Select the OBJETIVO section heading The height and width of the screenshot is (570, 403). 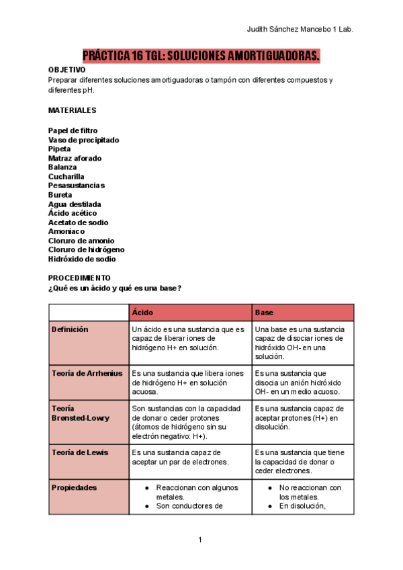pos(67,70)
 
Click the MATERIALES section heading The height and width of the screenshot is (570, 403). pos(73,110)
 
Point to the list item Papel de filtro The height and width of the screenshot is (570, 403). pos(73,130)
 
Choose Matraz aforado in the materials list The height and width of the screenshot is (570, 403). pos(75,158)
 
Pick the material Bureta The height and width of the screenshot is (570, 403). pos(60,195)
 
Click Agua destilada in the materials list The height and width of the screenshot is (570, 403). pos(75,204)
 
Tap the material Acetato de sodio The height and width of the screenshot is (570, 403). pos(78,222)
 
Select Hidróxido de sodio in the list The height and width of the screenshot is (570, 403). pos(82,259)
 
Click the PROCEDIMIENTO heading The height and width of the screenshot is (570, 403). pos(79,278)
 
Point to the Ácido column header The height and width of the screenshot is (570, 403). pos(142,313)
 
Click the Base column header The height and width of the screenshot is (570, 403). pos(264,313)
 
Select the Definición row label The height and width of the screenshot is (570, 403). pos(70,329)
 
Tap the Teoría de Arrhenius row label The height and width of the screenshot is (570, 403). pos(87,372)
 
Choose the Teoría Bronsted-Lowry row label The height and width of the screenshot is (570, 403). pos(81,413)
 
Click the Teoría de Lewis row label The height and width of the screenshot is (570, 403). pos(80,452)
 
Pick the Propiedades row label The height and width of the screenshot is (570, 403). pos(74,487)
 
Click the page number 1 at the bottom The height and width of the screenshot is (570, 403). pos(201,540)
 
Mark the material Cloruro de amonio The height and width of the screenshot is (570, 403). pos(81,241)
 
